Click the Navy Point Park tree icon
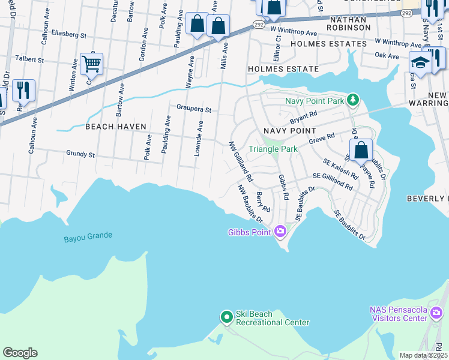[354, 100]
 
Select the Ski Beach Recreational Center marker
[226, 317]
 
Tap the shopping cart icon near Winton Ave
[91, 63]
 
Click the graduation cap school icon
[419, 62]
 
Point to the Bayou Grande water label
[88, 236]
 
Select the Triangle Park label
[273, 148]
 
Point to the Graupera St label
[194, 110]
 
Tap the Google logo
[20, 353]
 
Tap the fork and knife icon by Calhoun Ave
[23, 90]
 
